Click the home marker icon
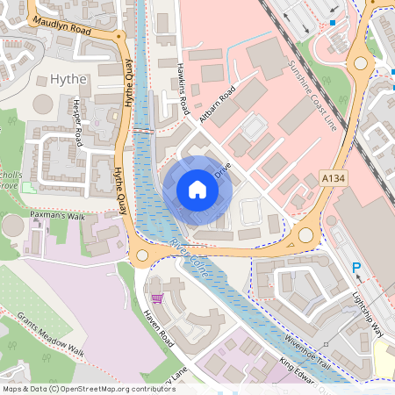click(197, 190)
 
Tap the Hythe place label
click(68, 79)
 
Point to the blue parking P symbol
click(356, 268)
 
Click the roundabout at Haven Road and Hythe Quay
click(143, 255)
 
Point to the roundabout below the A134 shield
click(305, 235)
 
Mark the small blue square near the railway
click(333, 22)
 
